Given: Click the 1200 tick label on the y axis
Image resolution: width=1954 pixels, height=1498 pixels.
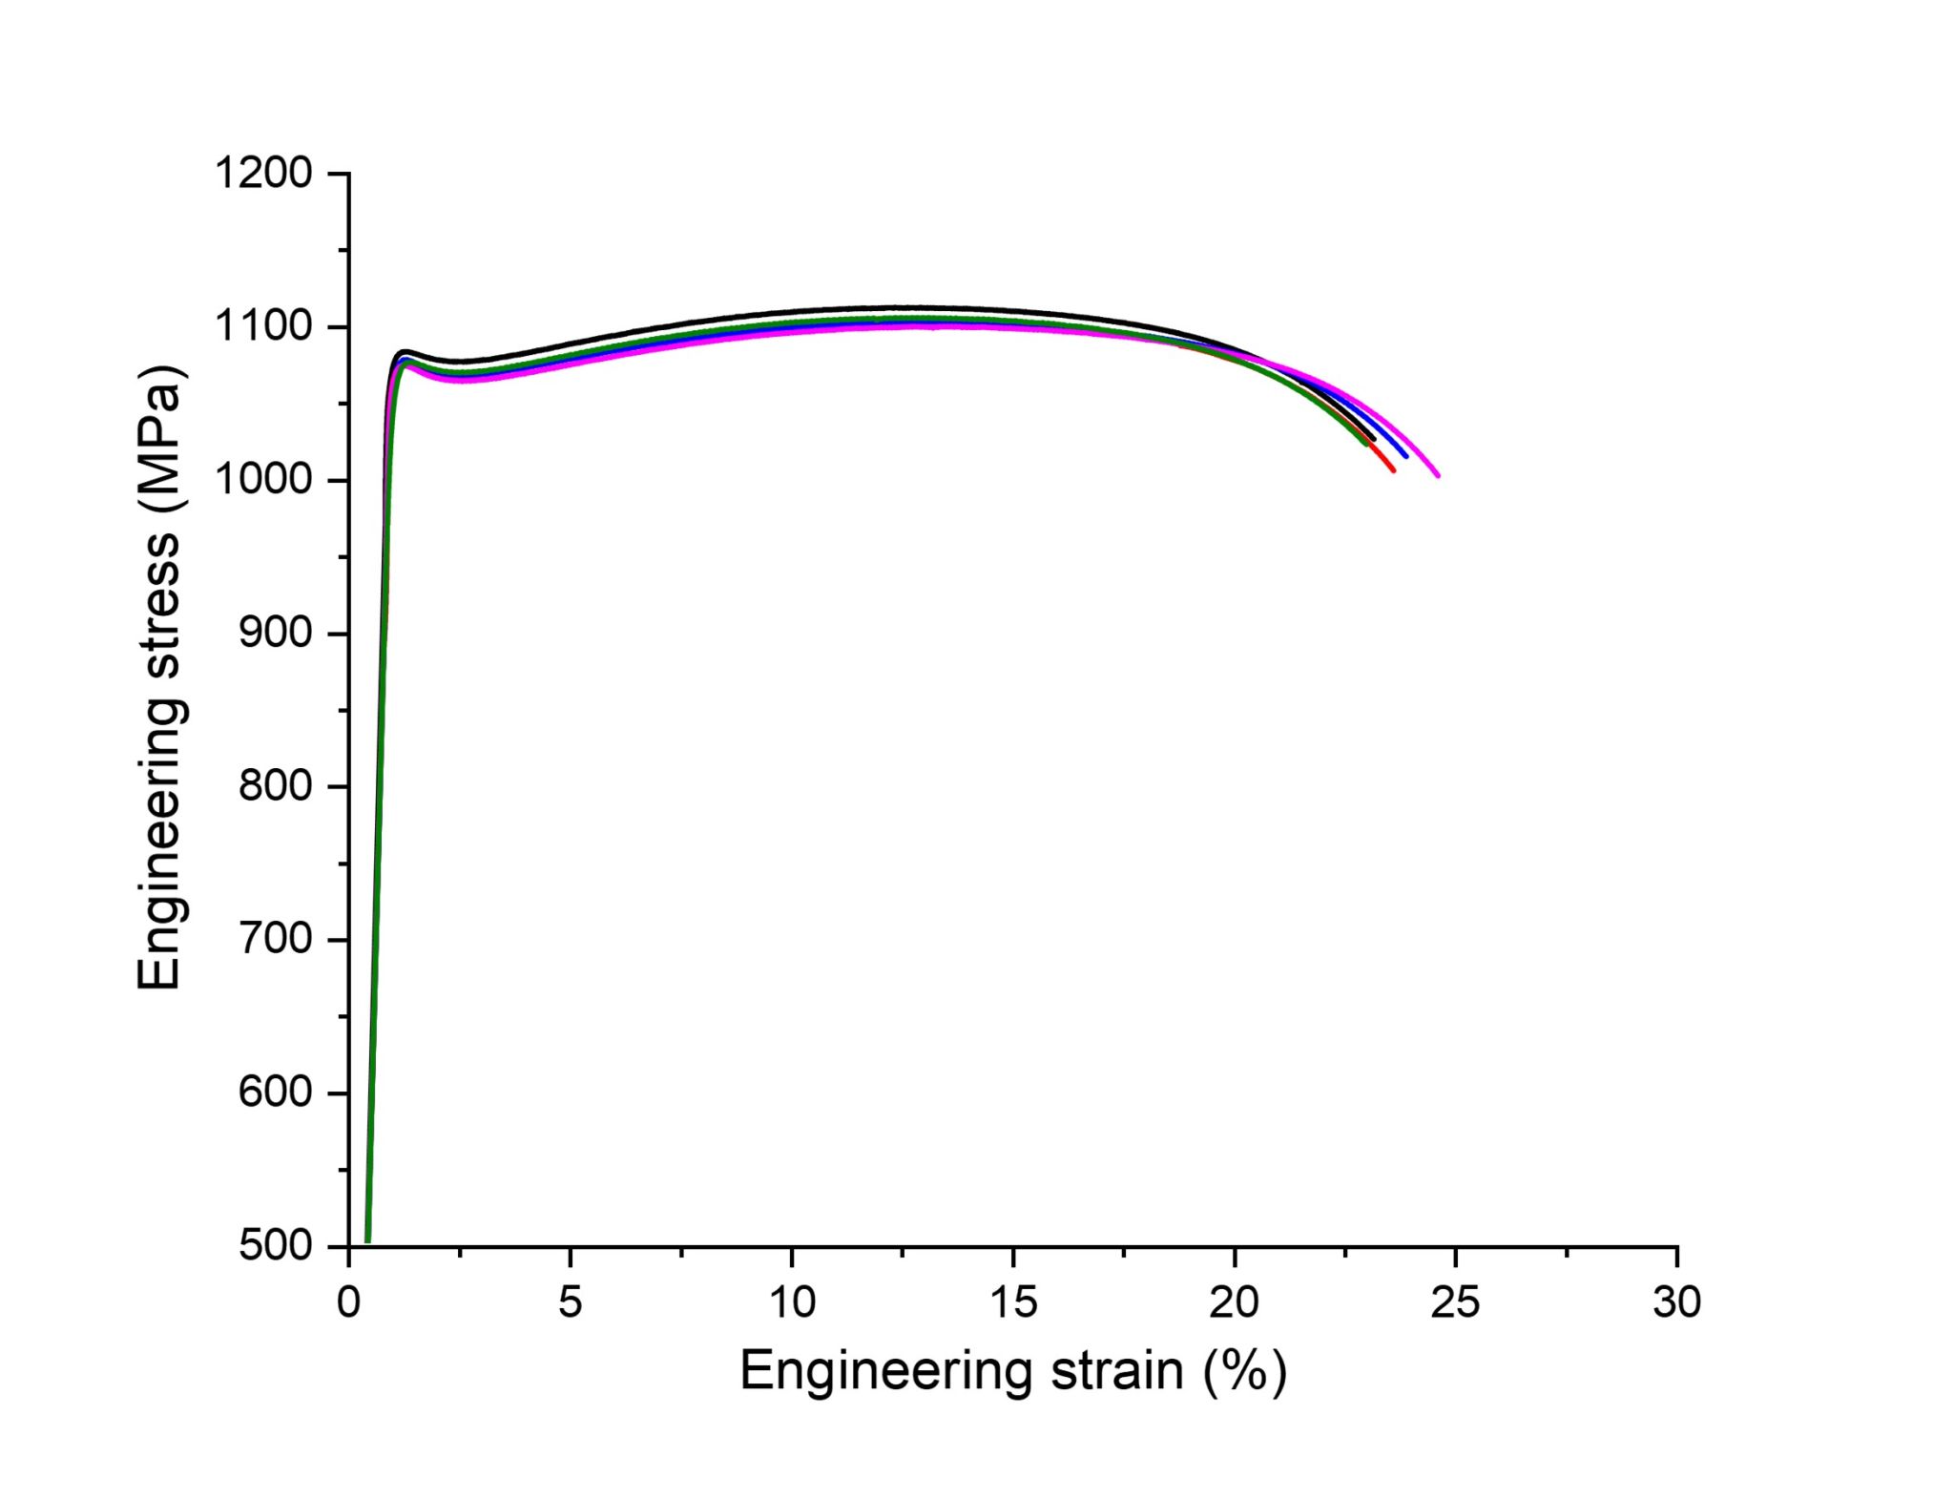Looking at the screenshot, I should [263, 174].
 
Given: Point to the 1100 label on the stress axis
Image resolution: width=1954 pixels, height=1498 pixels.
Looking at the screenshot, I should [263, 327].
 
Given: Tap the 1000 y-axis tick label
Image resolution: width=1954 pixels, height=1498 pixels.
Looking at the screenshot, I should [263, 480].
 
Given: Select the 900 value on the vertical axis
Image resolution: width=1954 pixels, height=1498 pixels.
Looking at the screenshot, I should [275, 634].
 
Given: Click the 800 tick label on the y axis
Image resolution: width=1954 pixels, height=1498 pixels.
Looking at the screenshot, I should [275, 786].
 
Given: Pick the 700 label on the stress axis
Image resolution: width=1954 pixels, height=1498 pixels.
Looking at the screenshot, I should [275, 940].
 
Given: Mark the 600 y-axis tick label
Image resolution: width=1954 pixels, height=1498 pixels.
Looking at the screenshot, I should [275, 1092].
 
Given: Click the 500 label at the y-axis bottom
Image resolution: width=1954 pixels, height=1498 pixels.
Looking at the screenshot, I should [275, 1246].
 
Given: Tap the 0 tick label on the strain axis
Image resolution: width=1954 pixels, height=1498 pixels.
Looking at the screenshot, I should [349, 1302].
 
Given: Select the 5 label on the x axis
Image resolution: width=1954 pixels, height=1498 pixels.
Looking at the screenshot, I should [571, 1302].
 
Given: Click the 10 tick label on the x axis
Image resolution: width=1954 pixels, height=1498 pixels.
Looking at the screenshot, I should [792, 1302].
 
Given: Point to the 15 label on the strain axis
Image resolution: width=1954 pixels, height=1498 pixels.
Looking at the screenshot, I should [1013, 1302].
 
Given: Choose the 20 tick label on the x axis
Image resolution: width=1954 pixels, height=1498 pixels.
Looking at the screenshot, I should [1235, 1302].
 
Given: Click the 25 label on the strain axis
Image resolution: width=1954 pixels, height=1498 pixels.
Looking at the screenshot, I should [1456, 1302].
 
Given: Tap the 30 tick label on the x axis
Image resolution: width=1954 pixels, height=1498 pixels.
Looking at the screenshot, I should [1677, 1302].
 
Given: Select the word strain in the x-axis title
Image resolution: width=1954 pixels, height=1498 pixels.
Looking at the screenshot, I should [1117, 1372].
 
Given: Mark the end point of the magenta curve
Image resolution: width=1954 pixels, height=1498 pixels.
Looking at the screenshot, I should [1437, 475].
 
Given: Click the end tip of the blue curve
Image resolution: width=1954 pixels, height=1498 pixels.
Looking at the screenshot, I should [1405, 455].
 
